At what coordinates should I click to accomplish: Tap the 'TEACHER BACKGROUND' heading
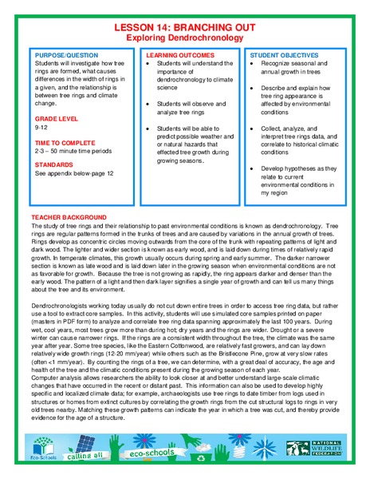click(69, 217)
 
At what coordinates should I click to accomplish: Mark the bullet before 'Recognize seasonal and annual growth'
click(253, 61)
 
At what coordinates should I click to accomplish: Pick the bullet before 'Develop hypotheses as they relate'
click(253, 169)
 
